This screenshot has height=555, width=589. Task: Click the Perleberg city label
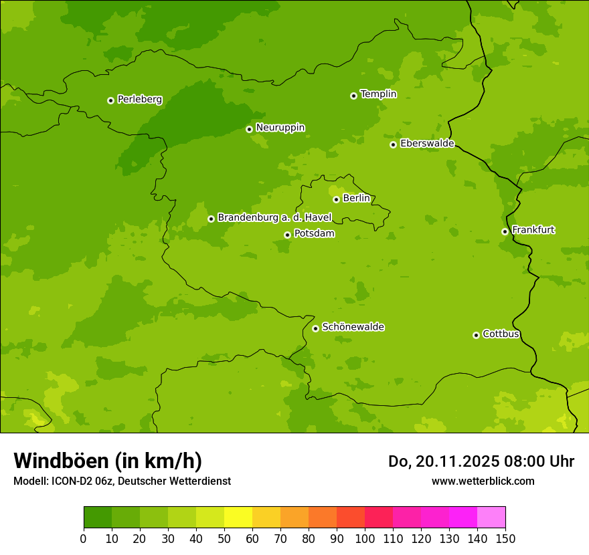point(139,100)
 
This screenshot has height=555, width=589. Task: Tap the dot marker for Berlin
point(336,199)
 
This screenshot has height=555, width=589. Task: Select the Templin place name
point(378,94)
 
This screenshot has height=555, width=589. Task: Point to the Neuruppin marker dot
point(249,129)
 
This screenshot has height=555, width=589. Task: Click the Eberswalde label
point(427,144)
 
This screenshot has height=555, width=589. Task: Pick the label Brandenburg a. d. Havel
point(274,218)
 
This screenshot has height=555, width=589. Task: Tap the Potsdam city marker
point(287,235)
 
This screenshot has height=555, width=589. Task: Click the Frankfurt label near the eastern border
point(533,230)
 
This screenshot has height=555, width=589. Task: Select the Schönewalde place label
point(353,327)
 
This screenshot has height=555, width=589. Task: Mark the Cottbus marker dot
point(476,335)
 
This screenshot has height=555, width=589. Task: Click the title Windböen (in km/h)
point(108,461)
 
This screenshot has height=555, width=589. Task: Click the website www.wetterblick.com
point(483,481)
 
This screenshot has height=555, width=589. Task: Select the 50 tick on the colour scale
point(224,538)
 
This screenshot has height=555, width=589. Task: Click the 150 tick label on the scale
point(505,538)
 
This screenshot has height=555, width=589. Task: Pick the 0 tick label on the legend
point(84,538)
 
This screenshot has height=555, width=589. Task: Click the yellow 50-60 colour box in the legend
point(238,518)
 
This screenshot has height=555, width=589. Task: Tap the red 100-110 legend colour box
point(379,518)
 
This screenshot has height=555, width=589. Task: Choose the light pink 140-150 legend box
point(491,518)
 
